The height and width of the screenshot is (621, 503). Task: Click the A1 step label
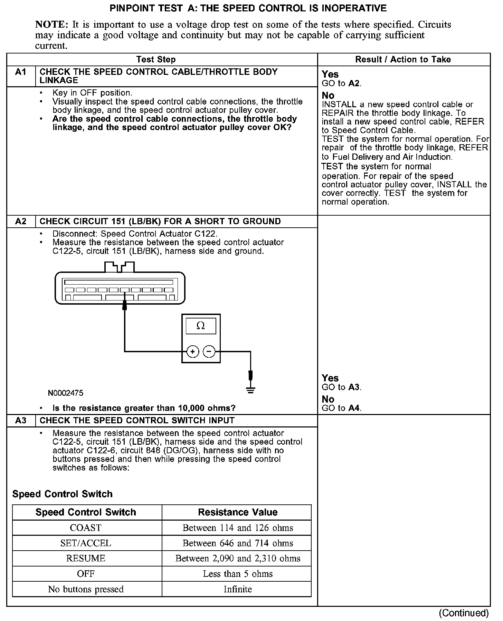21,72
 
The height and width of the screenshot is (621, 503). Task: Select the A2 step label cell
21,221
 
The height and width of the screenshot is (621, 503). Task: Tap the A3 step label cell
21,421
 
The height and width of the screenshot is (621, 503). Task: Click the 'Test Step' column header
156,59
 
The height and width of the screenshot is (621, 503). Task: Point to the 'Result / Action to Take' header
403,59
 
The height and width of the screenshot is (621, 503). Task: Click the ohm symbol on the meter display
200,326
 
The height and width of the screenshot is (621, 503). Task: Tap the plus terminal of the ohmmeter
193,352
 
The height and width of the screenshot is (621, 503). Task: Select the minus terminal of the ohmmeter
209,352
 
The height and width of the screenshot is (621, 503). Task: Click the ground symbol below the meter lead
250,390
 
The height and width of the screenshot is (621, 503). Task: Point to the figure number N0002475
66,393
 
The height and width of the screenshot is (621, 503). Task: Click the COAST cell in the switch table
86,528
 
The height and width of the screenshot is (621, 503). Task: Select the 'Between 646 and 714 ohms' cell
238,543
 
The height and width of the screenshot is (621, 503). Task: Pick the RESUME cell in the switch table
86,559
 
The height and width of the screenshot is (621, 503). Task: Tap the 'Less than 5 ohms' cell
238,574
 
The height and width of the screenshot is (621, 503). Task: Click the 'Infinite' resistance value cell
238,589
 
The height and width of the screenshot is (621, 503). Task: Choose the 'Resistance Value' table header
238,512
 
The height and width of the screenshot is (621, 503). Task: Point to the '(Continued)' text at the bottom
464,613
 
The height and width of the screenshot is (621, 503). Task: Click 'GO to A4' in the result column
341,408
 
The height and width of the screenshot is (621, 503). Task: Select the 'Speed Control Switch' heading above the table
62,494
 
